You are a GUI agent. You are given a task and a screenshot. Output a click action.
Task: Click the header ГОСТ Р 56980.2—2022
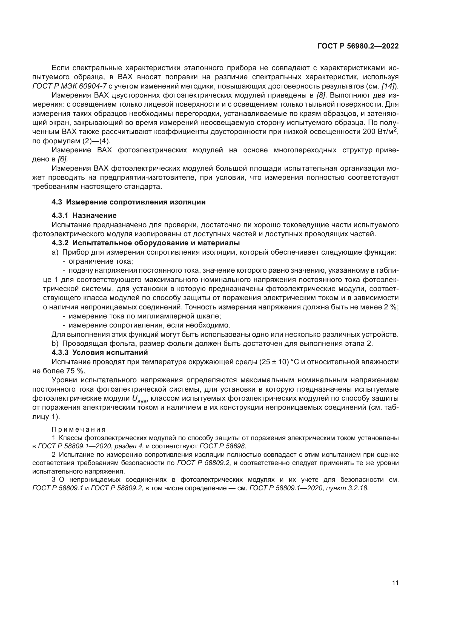358,46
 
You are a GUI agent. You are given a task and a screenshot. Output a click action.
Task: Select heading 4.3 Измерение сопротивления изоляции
129,202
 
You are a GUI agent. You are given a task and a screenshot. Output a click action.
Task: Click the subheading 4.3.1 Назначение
84,215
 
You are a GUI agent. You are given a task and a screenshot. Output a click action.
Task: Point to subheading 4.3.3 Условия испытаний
100,352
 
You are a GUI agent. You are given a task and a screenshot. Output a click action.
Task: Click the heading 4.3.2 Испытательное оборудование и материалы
146,243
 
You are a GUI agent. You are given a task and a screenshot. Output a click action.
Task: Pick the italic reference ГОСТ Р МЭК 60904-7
70,86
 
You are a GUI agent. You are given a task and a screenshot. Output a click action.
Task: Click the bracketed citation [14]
388,86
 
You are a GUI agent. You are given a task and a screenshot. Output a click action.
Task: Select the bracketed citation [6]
62,159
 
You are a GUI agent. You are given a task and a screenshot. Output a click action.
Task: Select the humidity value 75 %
76,371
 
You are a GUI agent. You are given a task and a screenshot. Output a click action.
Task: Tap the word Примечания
79,430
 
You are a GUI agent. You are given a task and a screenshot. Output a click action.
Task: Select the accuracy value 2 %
390,307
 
